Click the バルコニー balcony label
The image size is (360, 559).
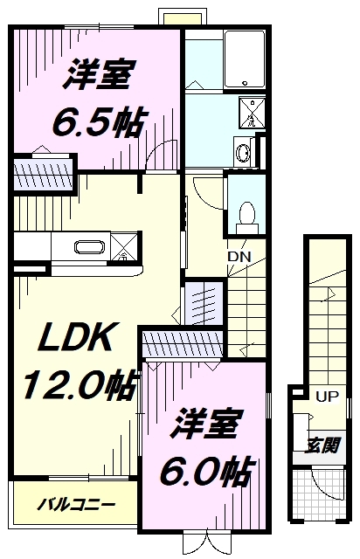[77, 505]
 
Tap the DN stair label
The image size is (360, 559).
[239, 256]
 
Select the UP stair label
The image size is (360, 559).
[328, 397]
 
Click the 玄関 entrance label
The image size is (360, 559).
[322, 445]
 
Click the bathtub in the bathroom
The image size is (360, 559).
[245, 59]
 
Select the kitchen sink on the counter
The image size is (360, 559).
[89, 246]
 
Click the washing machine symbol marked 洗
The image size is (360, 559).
[251, 112]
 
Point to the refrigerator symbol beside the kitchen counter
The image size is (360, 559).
[123, 246]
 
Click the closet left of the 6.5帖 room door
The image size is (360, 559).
[44, 175]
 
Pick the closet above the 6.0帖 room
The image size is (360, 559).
[183, 343]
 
